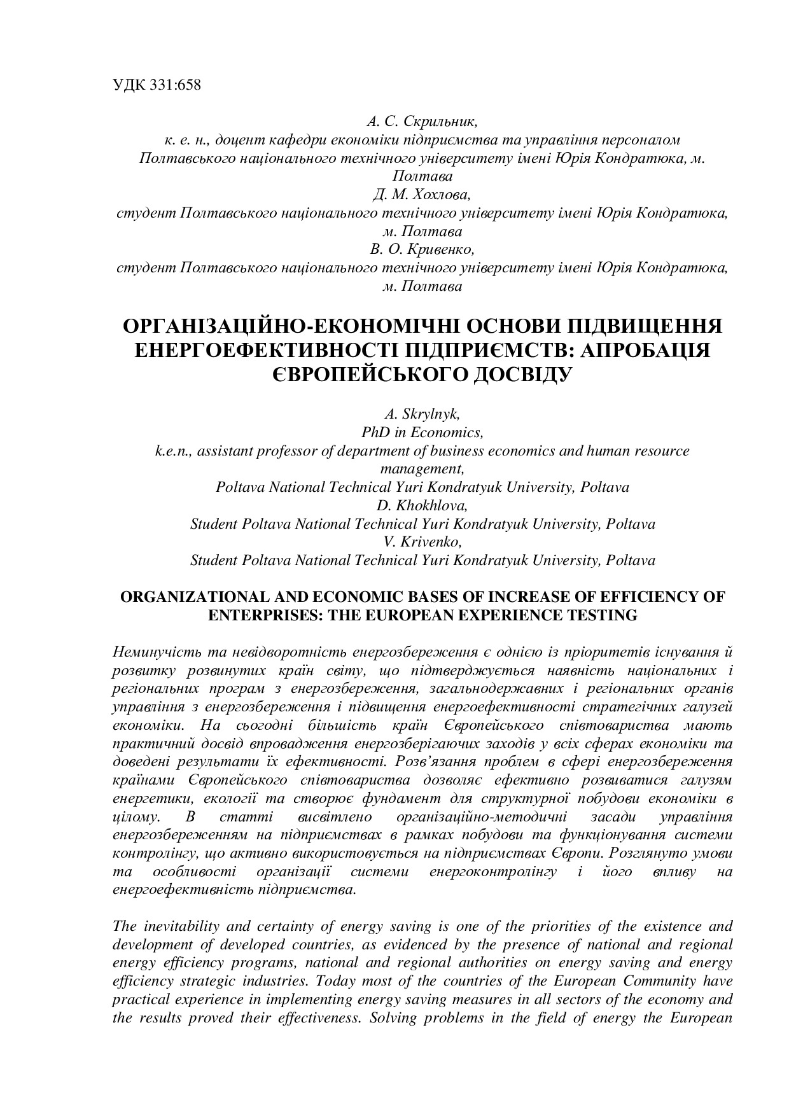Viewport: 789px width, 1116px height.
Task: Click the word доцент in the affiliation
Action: [239, 139]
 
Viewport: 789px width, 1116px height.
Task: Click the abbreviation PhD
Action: [376, 433]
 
